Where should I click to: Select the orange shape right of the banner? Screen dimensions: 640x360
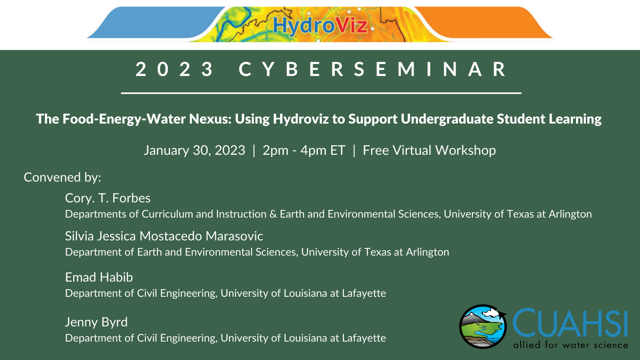click(x=483, y=22)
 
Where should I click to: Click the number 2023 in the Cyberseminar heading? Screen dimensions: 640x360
click(x=174, y=69)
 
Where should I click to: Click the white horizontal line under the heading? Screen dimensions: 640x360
click(x=321, y=93)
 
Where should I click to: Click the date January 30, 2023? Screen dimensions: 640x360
click(x=194, y=150)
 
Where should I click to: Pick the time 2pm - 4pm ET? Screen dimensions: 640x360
click(x=304, y=150)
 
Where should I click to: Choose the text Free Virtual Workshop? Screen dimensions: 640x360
click(x=429, y=150)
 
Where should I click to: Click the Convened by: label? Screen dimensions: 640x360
click(x=62, y=178)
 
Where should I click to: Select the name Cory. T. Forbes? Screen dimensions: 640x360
click(x=108, y=198)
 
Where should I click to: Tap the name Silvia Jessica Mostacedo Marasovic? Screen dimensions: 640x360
click(x=164, y=236)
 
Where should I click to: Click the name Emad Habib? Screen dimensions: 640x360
click(x=99, y=277)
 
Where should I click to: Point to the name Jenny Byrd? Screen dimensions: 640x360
click(x=96, y=322)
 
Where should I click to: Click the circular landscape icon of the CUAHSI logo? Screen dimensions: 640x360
click(x=483, y=326)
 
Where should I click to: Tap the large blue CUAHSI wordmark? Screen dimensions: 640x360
click(x=570, y=323)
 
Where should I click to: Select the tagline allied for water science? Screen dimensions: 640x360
click(x=570, y=345)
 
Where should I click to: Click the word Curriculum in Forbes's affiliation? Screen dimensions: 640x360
click(x=167, y=214)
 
